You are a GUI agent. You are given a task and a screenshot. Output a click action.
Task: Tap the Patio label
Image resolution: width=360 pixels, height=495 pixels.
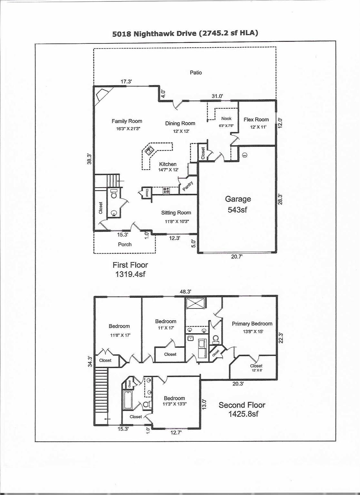195,73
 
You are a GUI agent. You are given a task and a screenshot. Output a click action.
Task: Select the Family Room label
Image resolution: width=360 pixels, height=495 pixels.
127,121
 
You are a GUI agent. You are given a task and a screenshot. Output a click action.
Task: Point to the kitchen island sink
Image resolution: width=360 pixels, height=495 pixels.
149,150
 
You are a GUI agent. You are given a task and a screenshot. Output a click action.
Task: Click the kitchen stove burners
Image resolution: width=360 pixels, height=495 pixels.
166,190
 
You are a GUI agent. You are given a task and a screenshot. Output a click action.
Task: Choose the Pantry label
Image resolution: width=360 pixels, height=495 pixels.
188,186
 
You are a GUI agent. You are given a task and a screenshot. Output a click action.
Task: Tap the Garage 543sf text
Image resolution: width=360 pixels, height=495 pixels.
238,204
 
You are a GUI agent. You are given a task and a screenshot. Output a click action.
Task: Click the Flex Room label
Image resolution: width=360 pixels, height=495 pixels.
256,120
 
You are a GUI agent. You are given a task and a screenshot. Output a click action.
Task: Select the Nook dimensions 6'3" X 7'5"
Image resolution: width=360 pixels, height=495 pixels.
226,126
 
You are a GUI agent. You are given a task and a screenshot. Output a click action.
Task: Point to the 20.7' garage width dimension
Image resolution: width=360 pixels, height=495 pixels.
237,257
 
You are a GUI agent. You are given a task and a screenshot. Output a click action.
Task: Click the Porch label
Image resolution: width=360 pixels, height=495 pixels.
125,244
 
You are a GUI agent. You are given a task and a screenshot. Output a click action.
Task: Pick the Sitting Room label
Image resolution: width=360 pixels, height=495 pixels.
176,213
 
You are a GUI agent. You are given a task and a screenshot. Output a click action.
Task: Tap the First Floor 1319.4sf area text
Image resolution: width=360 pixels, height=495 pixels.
130,269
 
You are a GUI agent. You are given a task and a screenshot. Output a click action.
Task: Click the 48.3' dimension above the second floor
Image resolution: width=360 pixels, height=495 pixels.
185,292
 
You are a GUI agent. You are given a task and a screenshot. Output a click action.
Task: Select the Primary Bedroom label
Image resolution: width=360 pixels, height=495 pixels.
252,324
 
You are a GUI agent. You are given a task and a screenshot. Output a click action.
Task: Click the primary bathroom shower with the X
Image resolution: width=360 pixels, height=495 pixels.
195,304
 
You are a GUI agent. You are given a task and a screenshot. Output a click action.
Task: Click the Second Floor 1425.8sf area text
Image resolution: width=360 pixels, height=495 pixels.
242,409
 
